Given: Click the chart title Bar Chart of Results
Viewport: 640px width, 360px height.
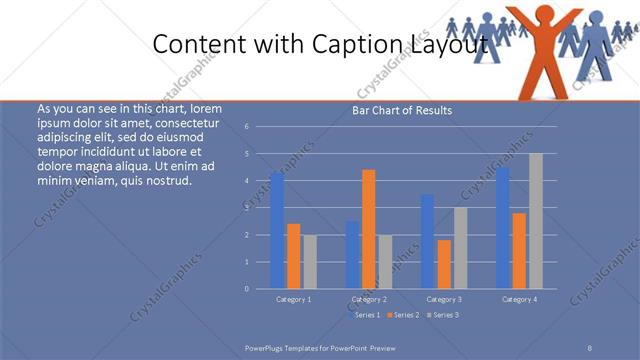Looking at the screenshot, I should tap(402, 110).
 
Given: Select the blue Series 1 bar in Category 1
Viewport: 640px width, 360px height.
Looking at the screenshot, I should tap(277, 230).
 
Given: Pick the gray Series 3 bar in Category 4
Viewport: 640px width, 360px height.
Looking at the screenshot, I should tap(536, 220).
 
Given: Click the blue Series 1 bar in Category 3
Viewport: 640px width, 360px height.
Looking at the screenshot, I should tap(428, 241).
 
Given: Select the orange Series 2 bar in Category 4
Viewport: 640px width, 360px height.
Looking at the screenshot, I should tap(519, 250).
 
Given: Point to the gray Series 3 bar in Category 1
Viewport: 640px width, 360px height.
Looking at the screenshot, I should tap(310, 261).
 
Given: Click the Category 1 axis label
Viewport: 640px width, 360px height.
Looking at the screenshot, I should tap(294, 299).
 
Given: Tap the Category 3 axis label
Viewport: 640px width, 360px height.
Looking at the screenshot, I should tap(445, 299).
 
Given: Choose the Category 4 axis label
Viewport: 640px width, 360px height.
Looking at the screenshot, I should tap(520, 299).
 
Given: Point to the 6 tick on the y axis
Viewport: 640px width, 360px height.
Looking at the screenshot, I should tap(260, 127).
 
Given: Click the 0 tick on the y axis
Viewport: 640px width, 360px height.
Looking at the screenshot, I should tap(260, 288).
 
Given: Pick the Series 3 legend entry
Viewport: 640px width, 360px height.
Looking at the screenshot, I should tap(442, 315).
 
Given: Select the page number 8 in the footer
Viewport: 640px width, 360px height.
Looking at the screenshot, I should tap(590, 347).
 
